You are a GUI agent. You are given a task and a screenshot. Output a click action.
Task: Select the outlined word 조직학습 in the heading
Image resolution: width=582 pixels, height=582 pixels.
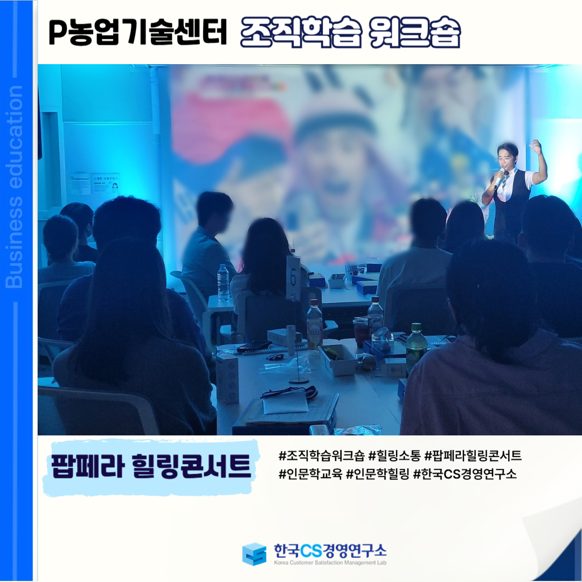[301, 32]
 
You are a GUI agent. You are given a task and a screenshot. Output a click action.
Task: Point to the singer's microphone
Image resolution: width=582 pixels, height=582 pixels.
[499, 177]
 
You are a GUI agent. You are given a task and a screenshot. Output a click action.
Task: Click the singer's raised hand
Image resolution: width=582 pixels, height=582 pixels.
[535, 147]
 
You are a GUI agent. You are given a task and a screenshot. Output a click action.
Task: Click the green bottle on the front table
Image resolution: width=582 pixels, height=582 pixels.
[416, 349]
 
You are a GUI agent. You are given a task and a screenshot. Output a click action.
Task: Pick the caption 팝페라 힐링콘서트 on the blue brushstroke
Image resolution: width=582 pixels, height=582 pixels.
[151, 466]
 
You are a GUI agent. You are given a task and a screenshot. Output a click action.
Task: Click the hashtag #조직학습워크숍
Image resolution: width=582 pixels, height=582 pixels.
[321, 455]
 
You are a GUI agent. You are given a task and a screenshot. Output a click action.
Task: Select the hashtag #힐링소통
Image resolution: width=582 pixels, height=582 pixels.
[394, 455]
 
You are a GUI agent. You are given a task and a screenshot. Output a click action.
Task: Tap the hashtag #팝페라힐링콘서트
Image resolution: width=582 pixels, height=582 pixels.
[473, 455]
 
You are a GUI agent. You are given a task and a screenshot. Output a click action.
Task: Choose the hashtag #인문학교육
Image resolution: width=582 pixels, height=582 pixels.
[310, 474]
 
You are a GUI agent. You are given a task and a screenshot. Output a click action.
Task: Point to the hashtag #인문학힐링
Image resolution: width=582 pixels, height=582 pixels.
[377, 474]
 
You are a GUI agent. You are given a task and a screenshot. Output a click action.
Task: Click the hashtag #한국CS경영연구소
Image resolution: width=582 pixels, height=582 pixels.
[465, 474]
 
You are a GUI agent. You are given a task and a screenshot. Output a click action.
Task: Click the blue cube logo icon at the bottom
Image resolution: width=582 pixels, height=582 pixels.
[254, 554]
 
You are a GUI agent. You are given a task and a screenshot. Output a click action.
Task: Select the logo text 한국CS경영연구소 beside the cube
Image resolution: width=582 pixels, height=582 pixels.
[330, 550]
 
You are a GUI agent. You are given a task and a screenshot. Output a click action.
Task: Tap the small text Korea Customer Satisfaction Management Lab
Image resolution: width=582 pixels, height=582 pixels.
[330, 563]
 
